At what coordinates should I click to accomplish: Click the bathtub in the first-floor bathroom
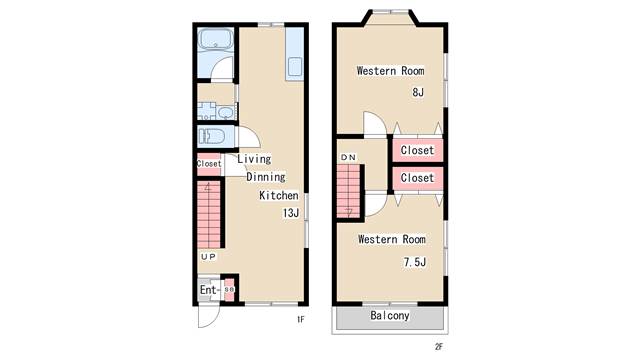click(x=216, y=39)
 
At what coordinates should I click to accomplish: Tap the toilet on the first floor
click(x=211, y=136)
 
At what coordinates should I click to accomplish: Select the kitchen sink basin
click(x=295, y=66)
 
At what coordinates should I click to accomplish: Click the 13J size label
click(x=291, y=213)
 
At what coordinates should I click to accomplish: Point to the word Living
click(x=254, y=159)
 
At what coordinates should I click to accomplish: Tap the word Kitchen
click(x=279, y=195)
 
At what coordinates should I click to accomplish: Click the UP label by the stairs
click(x=208, y=257)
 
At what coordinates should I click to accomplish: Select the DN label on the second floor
click(x=348, y=158)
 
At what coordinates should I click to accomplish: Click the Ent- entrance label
click(x=209, y=290)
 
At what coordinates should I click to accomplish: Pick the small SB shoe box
click(x=229, y=289)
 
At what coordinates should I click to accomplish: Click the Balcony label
click(x=389, y=316)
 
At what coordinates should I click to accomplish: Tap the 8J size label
click(x=418, y=92)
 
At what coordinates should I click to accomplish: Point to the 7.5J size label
click(x=415, y=262)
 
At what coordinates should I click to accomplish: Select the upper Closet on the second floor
click(x=417, y=150)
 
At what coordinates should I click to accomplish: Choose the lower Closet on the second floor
click(x=417, y=178)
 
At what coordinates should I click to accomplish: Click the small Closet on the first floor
click(x=209, y=164)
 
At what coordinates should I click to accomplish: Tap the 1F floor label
click(x=300, y=320)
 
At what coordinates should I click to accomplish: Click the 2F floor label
click(x=439, y=347)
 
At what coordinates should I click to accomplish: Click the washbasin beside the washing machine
click(x=225, y=112)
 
